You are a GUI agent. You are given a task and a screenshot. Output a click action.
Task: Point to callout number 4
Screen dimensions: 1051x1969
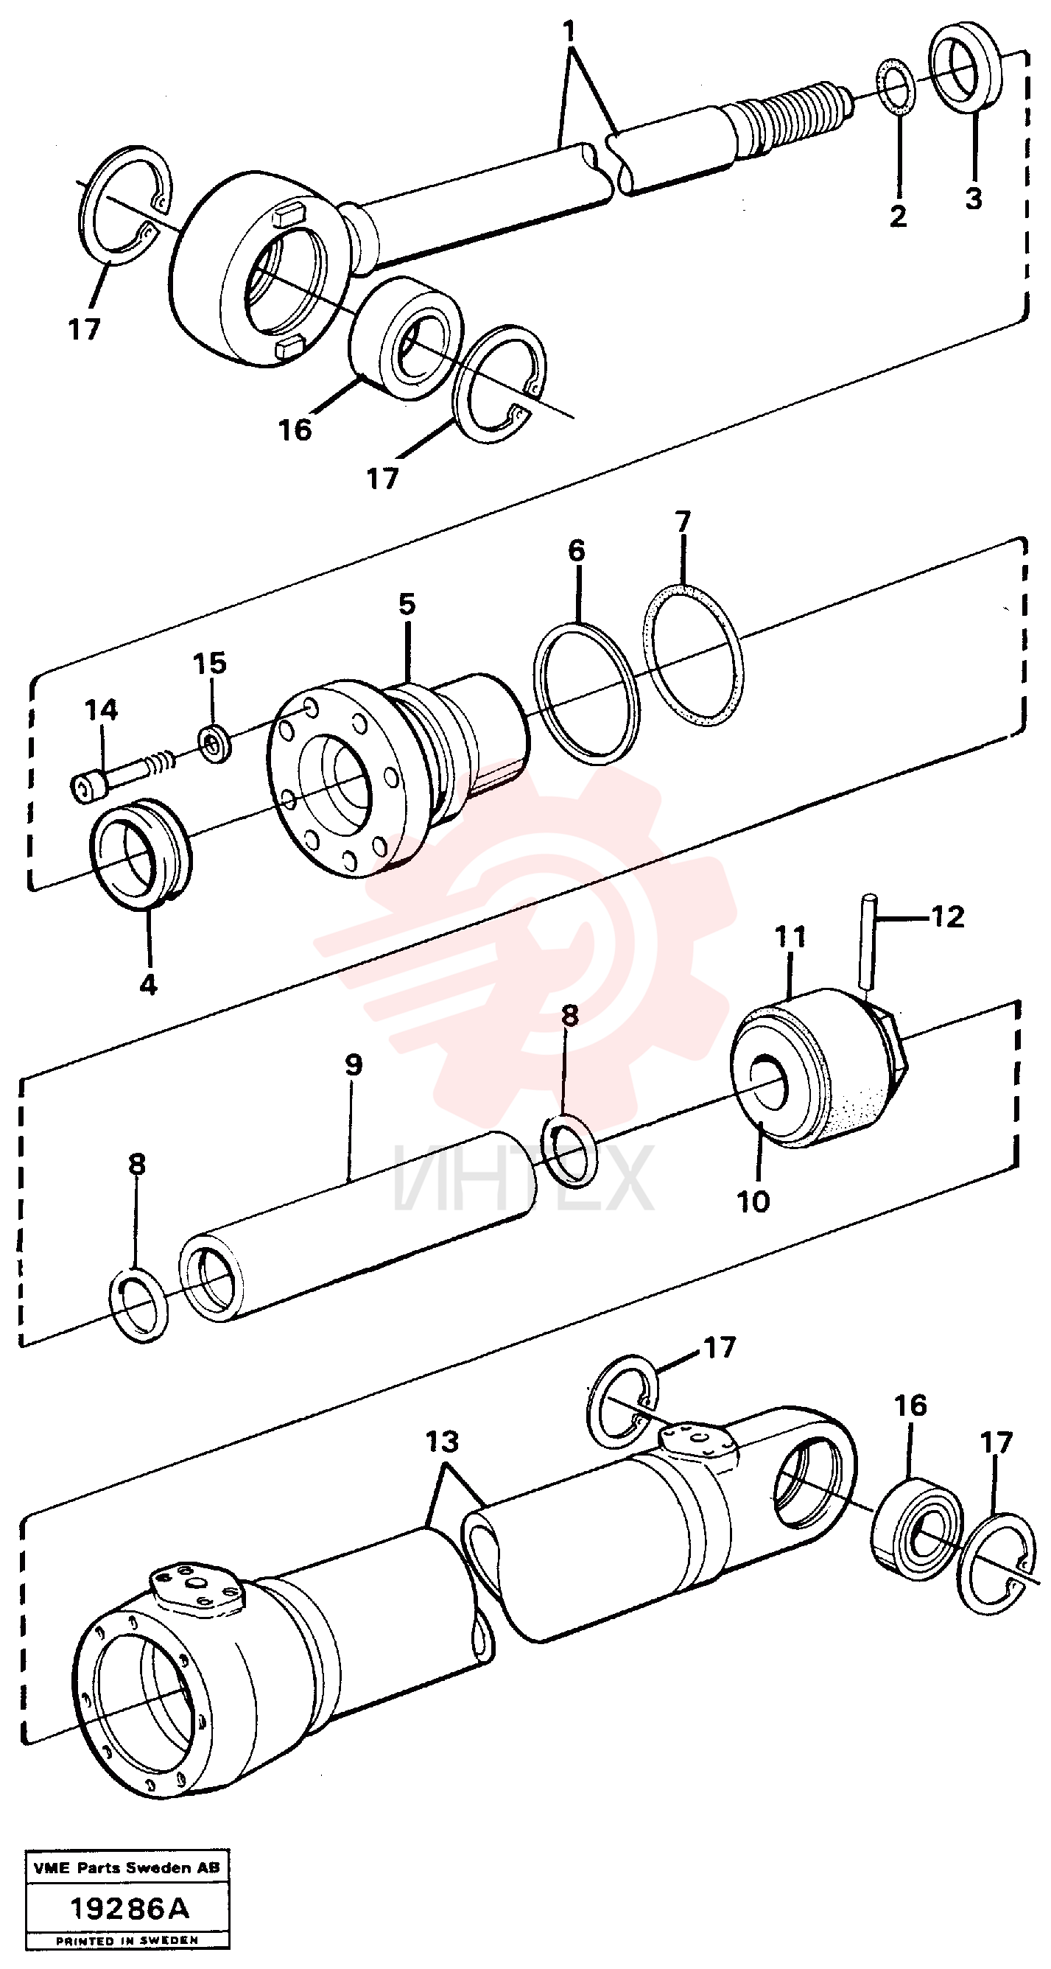pyautogui.click(x=148, y=984)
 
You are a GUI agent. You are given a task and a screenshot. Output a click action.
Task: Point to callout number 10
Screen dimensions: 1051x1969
pyautogui.click(x=753, y=1201)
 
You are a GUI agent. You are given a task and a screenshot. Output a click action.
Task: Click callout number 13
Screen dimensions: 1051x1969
pyautogui.click(x=442, y=1442)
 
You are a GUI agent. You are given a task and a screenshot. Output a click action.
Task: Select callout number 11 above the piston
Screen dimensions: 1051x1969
pyautogui.click(x=791, y=936)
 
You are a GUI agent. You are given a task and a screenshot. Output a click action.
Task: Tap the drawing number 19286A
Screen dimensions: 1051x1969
pyautogui.click(x=129, y=1909)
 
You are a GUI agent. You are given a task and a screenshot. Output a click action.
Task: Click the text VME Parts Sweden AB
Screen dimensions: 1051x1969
pyautogui.click(x=127, y=1868)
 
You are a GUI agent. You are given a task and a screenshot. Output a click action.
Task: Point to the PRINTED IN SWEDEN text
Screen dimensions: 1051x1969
pyautogui.click(x=127, y=1941)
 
